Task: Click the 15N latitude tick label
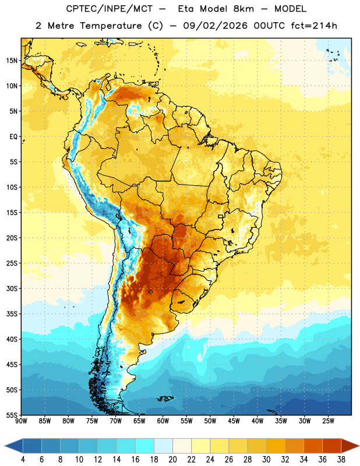point(12,61)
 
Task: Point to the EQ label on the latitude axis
point(13,137)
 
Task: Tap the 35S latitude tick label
point(12,314)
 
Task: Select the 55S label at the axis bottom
point(12,415)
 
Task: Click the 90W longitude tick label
point(21,421)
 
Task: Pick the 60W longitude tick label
point(163,421)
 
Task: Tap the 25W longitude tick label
point(328,421)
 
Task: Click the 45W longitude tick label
point(234,421)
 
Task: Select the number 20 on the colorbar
point(172,460)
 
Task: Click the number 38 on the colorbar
point(341,460)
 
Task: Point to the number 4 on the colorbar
point(23,460)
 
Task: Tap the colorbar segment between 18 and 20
point(164,446)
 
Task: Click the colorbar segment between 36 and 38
point(332,446)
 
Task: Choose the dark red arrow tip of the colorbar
point(350,446)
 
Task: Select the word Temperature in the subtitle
point(111,26)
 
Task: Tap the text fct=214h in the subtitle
point(314,26)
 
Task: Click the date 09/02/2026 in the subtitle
point(215,26)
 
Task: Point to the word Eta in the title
point(186,9)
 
